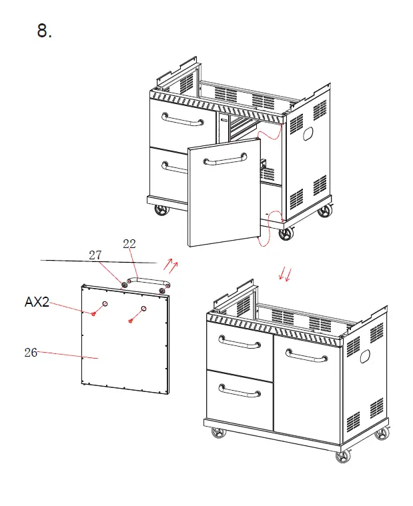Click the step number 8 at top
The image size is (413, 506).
pyautogui.click(x=44, y=31)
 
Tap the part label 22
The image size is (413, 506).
pyautogui.click(x=129, y=244)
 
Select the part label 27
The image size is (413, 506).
pyautogui.click(x=95, y=255)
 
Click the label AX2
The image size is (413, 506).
pyautogui.click(x=37, y=302)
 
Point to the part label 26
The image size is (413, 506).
pyautogui.click(x=31, y=353)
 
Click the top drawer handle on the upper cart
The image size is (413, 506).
pyautogui.click(x=182, y=121)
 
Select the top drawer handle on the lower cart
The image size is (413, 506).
pyautogui.click(x=239, y=344)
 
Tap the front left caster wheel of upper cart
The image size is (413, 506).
pyautogui.click(x=161, y=210)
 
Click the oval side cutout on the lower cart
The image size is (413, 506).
pyautogui.click(x=366, y=356)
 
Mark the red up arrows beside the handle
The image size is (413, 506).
pyautogui.click(x=171, y=267)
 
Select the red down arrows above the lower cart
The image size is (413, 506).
pyautogui.click(x=286, y=274)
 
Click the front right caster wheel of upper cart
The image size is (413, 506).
pyautogui.click(x=286, y=233)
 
